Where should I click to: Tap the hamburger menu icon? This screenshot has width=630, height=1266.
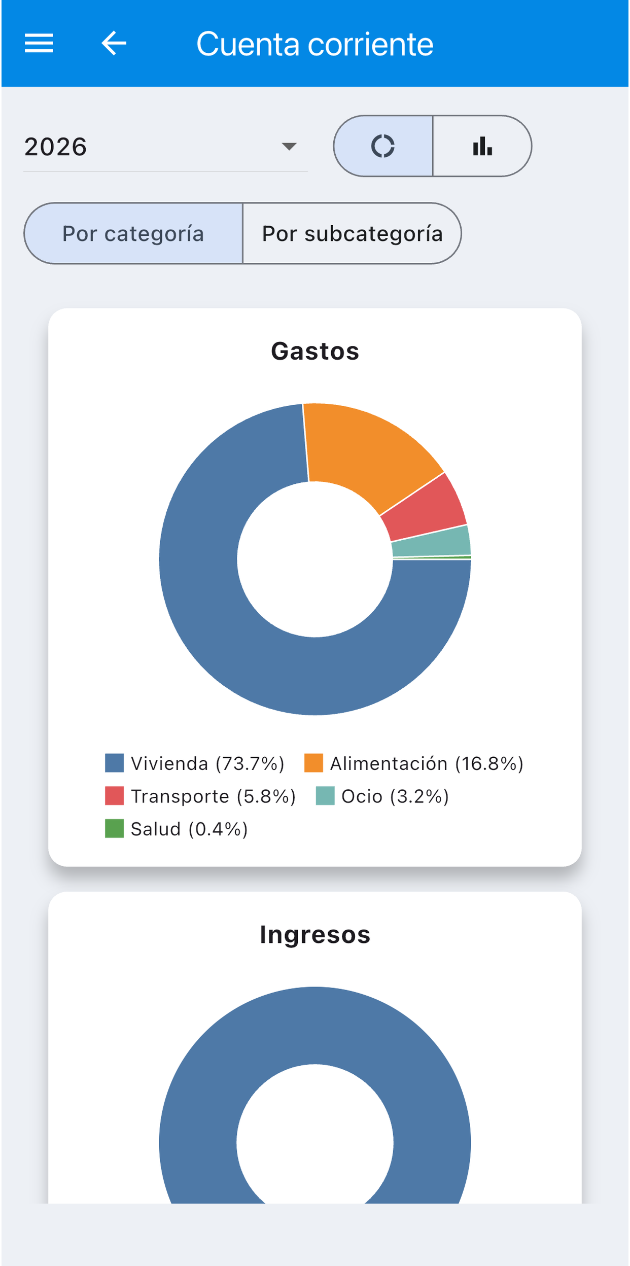coord(39,43)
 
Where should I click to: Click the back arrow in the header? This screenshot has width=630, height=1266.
coord(114,43)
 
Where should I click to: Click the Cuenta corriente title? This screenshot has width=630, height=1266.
coord(315,44)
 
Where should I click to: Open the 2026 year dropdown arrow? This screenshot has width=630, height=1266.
coord(289,147)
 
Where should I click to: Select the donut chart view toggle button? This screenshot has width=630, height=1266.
coord(383,146)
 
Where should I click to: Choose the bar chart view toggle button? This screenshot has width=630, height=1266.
coord(482,146)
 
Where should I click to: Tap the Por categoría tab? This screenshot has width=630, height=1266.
coord(133,233)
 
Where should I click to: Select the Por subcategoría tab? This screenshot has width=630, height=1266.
coord(353,233)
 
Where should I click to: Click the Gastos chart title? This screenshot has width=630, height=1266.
coord(315,351)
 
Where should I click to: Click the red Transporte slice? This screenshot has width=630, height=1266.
coord(426,510)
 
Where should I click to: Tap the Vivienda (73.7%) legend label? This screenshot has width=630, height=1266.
coord(207,763)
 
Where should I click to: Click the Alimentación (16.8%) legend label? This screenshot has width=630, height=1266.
coord(427,763)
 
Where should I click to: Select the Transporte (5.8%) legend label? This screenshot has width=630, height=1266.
coord(213,796)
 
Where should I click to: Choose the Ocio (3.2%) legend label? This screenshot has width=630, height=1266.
coord(395,796)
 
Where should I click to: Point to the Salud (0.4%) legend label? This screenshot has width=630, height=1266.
coord(189,829)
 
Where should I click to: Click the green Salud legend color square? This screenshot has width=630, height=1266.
coord(114,829)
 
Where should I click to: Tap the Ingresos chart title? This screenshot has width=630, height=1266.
coord(315,935)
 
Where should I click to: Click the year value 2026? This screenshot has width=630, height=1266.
coord(56,147)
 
